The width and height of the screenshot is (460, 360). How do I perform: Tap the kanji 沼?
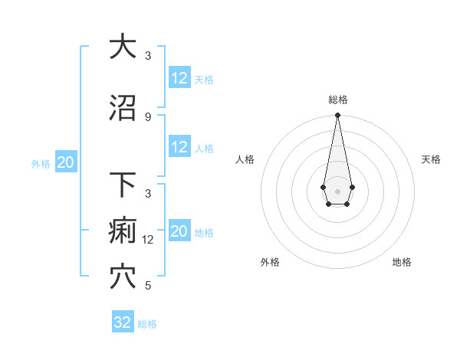(123, 109)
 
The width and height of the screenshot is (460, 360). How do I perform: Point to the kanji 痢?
(123, 231)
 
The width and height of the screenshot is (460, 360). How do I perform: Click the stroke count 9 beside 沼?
(148, 116)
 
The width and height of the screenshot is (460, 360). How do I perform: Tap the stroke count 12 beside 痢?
(149, 239)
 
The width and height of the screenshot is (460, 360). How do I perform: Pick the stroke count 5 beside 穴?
(148, 286)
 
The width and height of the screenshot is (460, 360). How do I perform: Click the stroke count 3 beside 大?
(148, 55)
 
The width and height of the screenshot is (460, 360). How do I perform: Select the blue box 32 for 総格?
(123, 322)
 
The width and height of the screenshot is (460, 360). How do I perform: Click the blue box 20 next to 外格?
(66, 162)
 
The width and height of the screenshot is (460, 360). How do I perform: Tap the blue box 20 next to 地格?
(179, 232)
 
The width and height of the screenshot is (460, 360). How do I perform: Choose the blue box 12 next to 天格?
(179, 78)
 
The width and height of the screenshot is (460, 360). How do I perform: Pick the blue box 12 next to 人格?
(179, 148)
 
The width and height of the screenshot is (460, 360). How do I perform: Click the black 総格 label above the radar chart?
(337, 100)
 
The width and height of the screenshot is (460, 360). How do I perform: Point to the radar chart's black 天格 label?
(431, 159)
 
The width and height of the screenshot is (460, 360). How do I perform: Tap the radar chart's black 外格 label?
(270, 262)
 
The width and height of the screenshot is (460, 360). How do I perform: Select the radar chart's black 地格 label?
(402, 262)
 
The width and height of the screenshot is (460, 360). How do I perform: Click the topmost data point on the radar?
(337, 116)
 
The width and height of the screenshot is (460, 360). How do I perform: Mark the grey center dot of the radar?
(337, 190)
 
